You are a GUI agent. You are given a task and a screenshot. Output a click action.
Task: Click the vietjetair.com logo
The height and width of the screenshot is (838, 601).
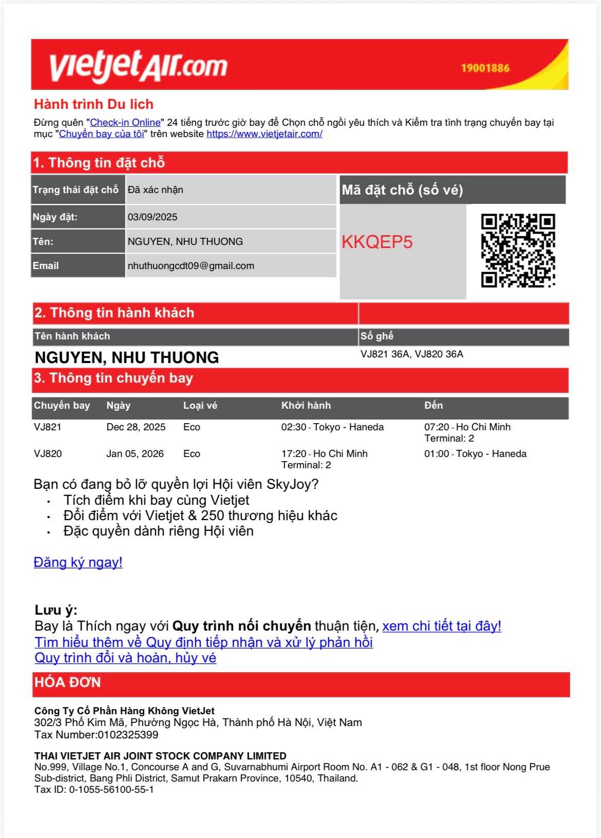tap(138, 67)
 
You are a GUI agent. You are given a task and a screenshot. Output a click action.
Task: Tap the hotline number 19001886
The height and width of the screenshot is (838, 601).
tap(485, 68)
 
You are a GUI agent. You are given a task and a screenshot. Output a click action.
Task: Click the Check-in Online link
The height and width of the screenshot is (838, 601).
tap(125, 123)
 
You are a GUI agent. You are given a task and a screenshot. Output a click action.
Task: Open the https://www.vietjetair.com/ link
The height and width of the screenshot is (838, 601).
tap(265, 134)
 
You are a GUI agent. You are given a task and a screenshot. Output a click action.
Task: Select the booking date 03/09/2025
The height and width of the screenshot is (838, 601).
tap(153, 217)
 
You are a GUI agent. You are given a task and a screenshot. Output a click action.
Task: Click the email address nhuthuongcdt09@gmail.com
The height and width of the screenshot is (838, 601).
tap(191, 266)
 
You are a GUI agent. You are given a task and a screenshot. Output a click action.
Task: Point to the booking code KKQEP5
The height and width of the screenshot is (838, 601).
tap(377, 242)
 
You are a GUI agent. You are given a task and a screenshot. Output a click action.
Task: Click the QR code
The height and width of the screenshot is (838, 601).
tap(518, 251)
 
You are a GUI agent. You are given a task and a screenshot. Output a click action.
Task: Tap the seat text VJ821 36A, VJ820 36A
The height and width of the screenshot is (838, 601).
tap(411, 354)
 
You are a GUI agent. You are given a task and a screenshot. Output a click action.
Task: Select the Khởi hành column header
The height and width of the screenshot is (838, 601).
tap(306, 406)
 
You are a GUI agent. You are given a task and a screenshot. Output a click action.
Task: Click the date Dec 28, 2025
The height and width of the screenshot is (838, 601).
tap(136, 427)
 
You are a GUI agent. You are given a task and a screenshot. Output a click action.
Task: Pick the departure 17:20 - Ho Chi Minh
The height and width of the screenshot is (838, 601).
tap(324, 454)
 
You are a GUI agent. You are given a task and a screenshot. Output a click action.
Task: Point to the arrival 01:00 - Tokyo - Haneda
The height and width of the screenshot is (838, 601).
tap(475, 454)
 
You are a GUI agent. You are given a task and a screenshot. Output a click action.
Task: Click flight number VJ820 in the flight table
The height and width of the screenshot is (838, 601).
tap(48, 454)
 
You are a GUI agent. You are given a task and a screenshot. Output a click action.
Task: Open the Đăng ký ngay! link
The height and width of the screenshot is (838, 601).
tap(78, 563)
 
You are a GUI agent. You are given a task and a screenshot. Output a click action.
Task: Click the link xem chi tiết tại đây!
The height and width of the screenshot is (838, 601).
tap(442, 626)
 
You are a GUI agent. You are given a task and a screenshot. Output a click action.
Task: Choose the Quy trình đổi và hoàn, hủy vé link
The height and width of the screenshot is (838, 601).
tap(125, 658)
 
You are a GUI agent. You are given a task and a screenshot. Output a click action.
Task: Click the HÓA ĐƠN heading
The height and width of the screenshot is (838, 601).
tap(67, 683)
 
